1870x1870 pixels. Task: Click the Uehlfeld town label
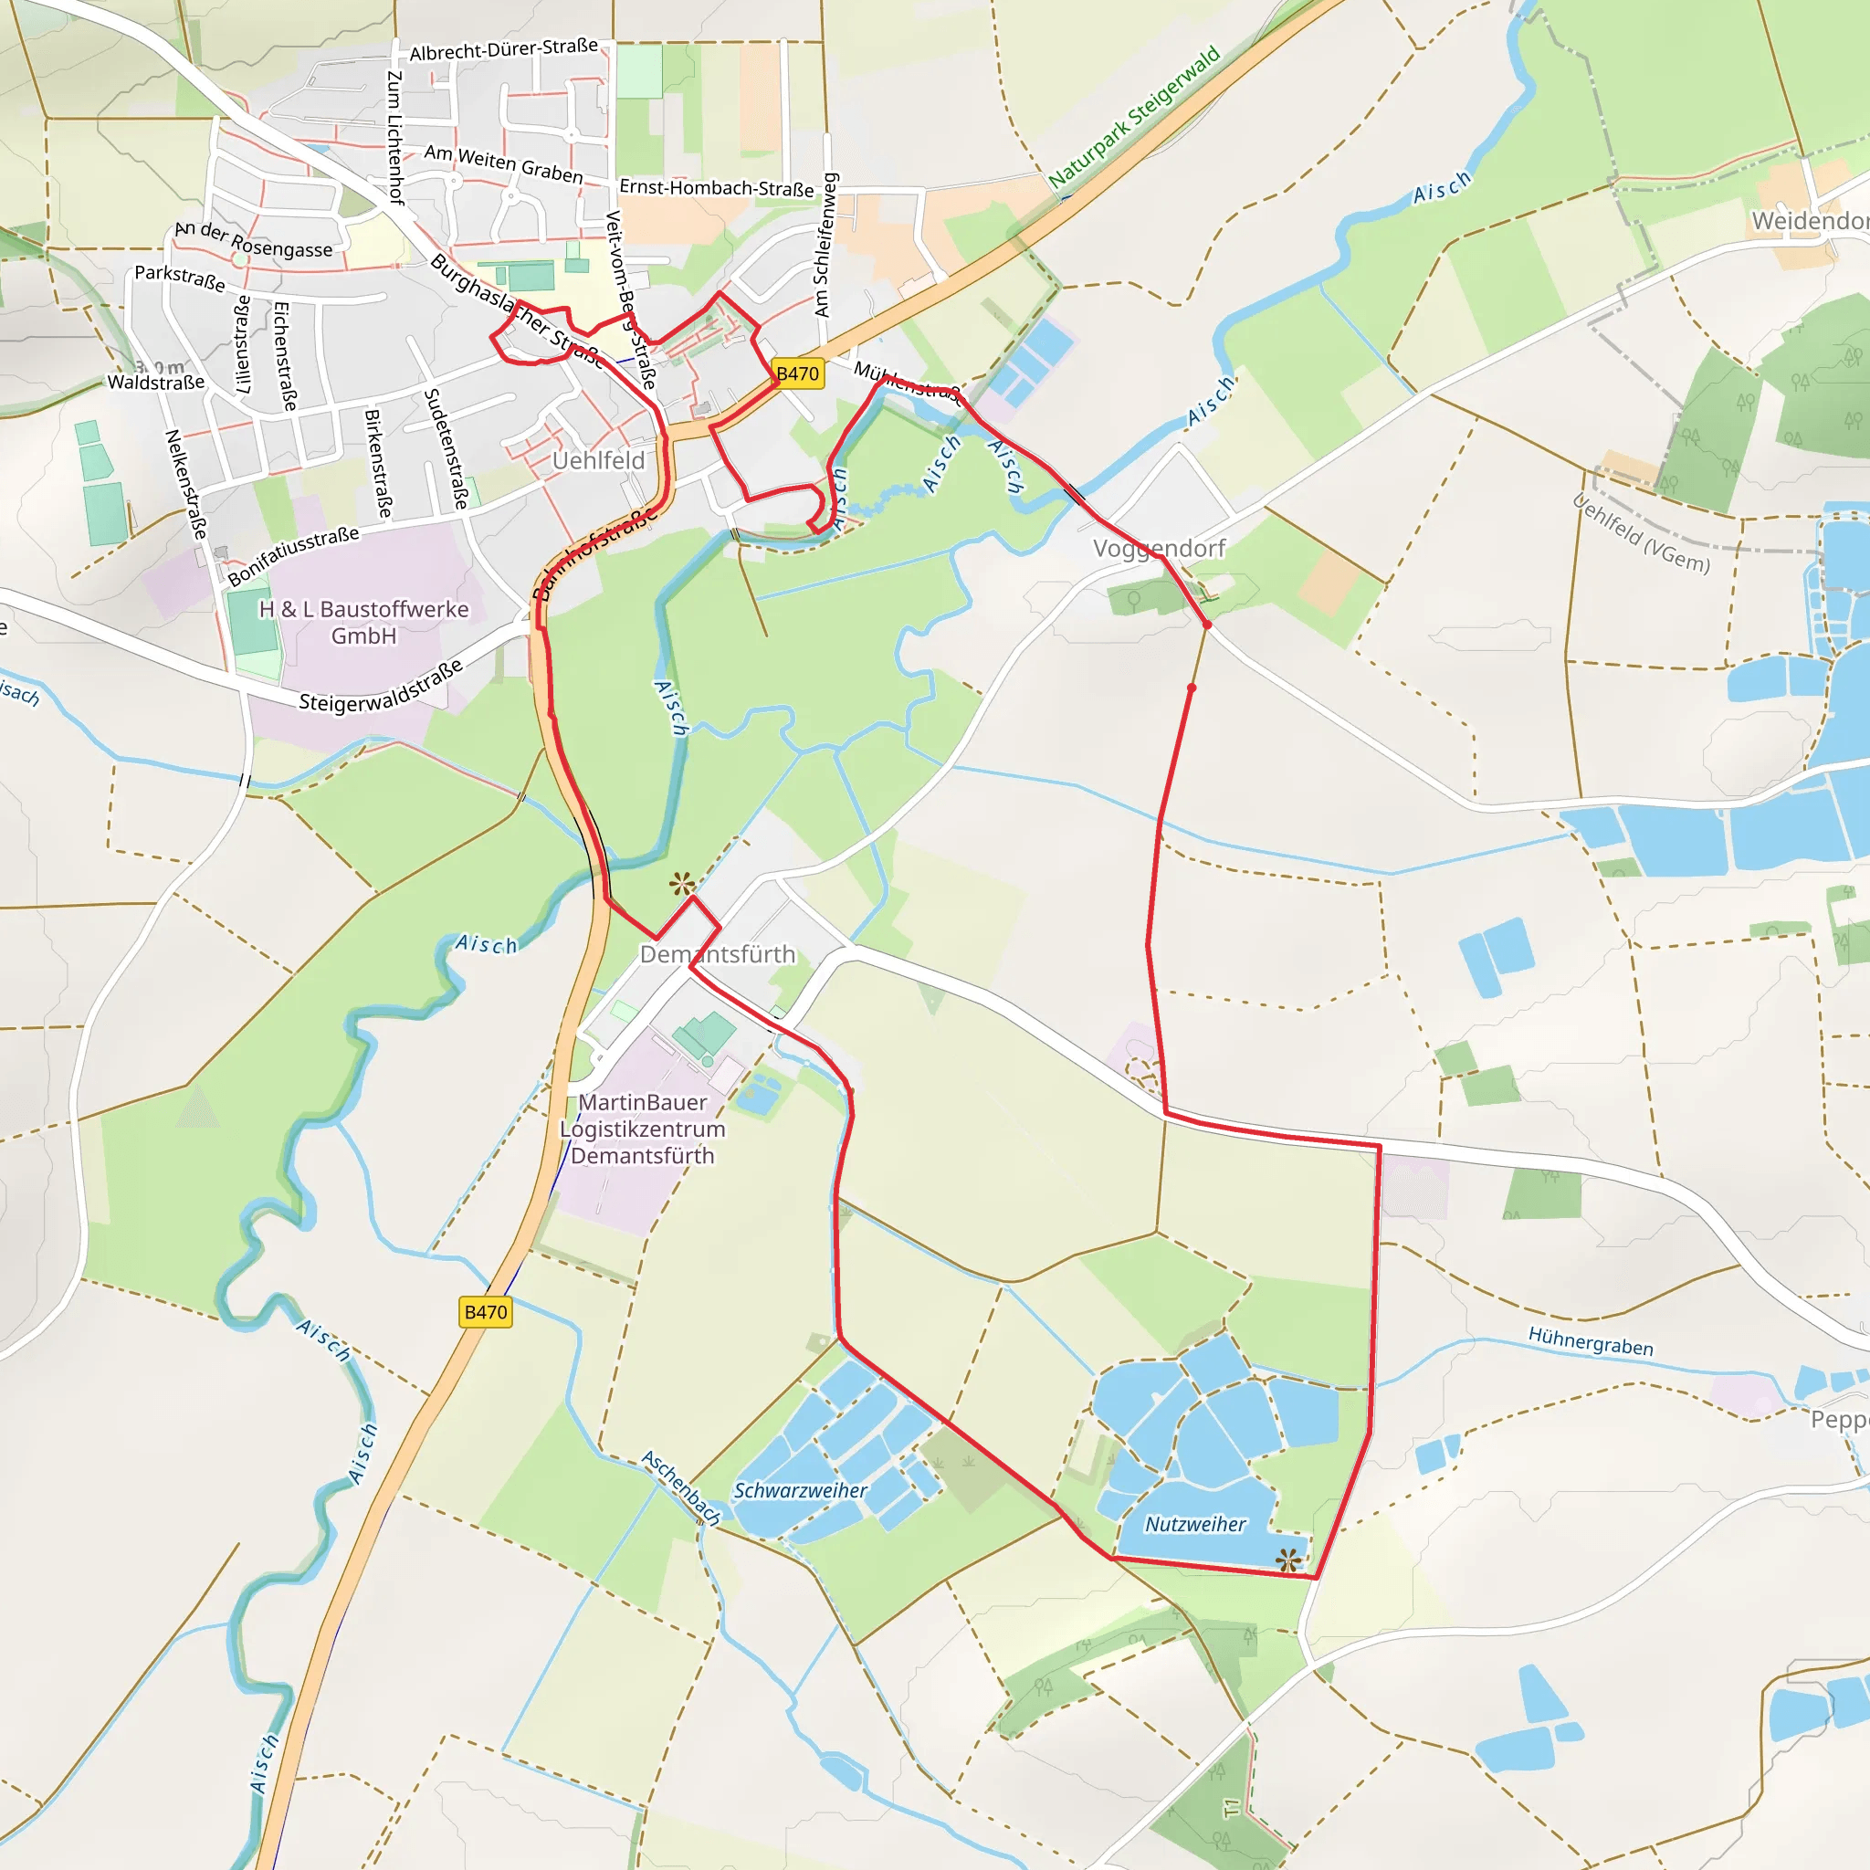598,461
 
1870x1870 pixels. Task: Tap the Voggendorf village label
1159,549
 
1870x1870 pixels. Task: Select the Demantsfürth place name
717,954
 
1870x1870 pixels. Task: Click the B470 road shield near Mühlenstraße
797,373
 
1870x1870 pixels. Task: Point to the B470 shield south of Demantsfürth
485,1312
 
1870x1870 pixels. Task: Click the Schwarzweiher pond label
800,1490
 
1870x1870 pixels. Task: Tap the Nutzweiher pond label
1195,1525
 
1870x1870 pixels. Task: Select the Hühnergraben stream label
1591,1341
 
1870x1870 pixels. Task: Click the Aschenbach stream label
681,1487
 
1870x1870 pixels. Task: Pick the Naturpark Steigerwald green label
1134,117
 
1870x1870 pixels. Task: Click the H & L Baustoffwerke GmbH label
363,623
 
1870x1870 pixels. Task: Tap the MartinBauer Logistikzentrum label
643,1129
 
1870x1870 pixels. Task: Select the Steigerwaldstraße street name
381,688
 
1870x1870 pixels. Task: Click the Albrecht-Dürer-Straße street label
503,49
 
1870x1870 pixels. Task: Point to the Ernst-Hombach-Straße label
716,188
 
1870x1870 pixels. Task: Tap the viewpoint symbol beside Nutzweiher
1287,1560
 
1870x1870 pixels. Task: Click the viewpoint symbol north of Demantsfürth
681,884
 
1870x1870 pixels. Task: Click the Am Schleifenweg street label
823,245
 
